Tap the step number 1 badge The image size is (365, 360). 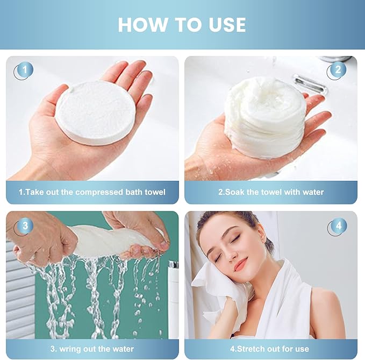(24, 70)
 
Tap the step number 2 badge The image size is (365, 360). (337, 70)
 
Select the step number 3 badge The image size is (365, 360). (24, 226)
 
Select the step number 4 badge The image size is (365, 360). (338, 226)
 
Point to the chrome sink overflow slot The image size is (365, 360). (310, 83)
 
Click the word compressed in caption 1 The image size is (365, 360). (99, 192)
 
